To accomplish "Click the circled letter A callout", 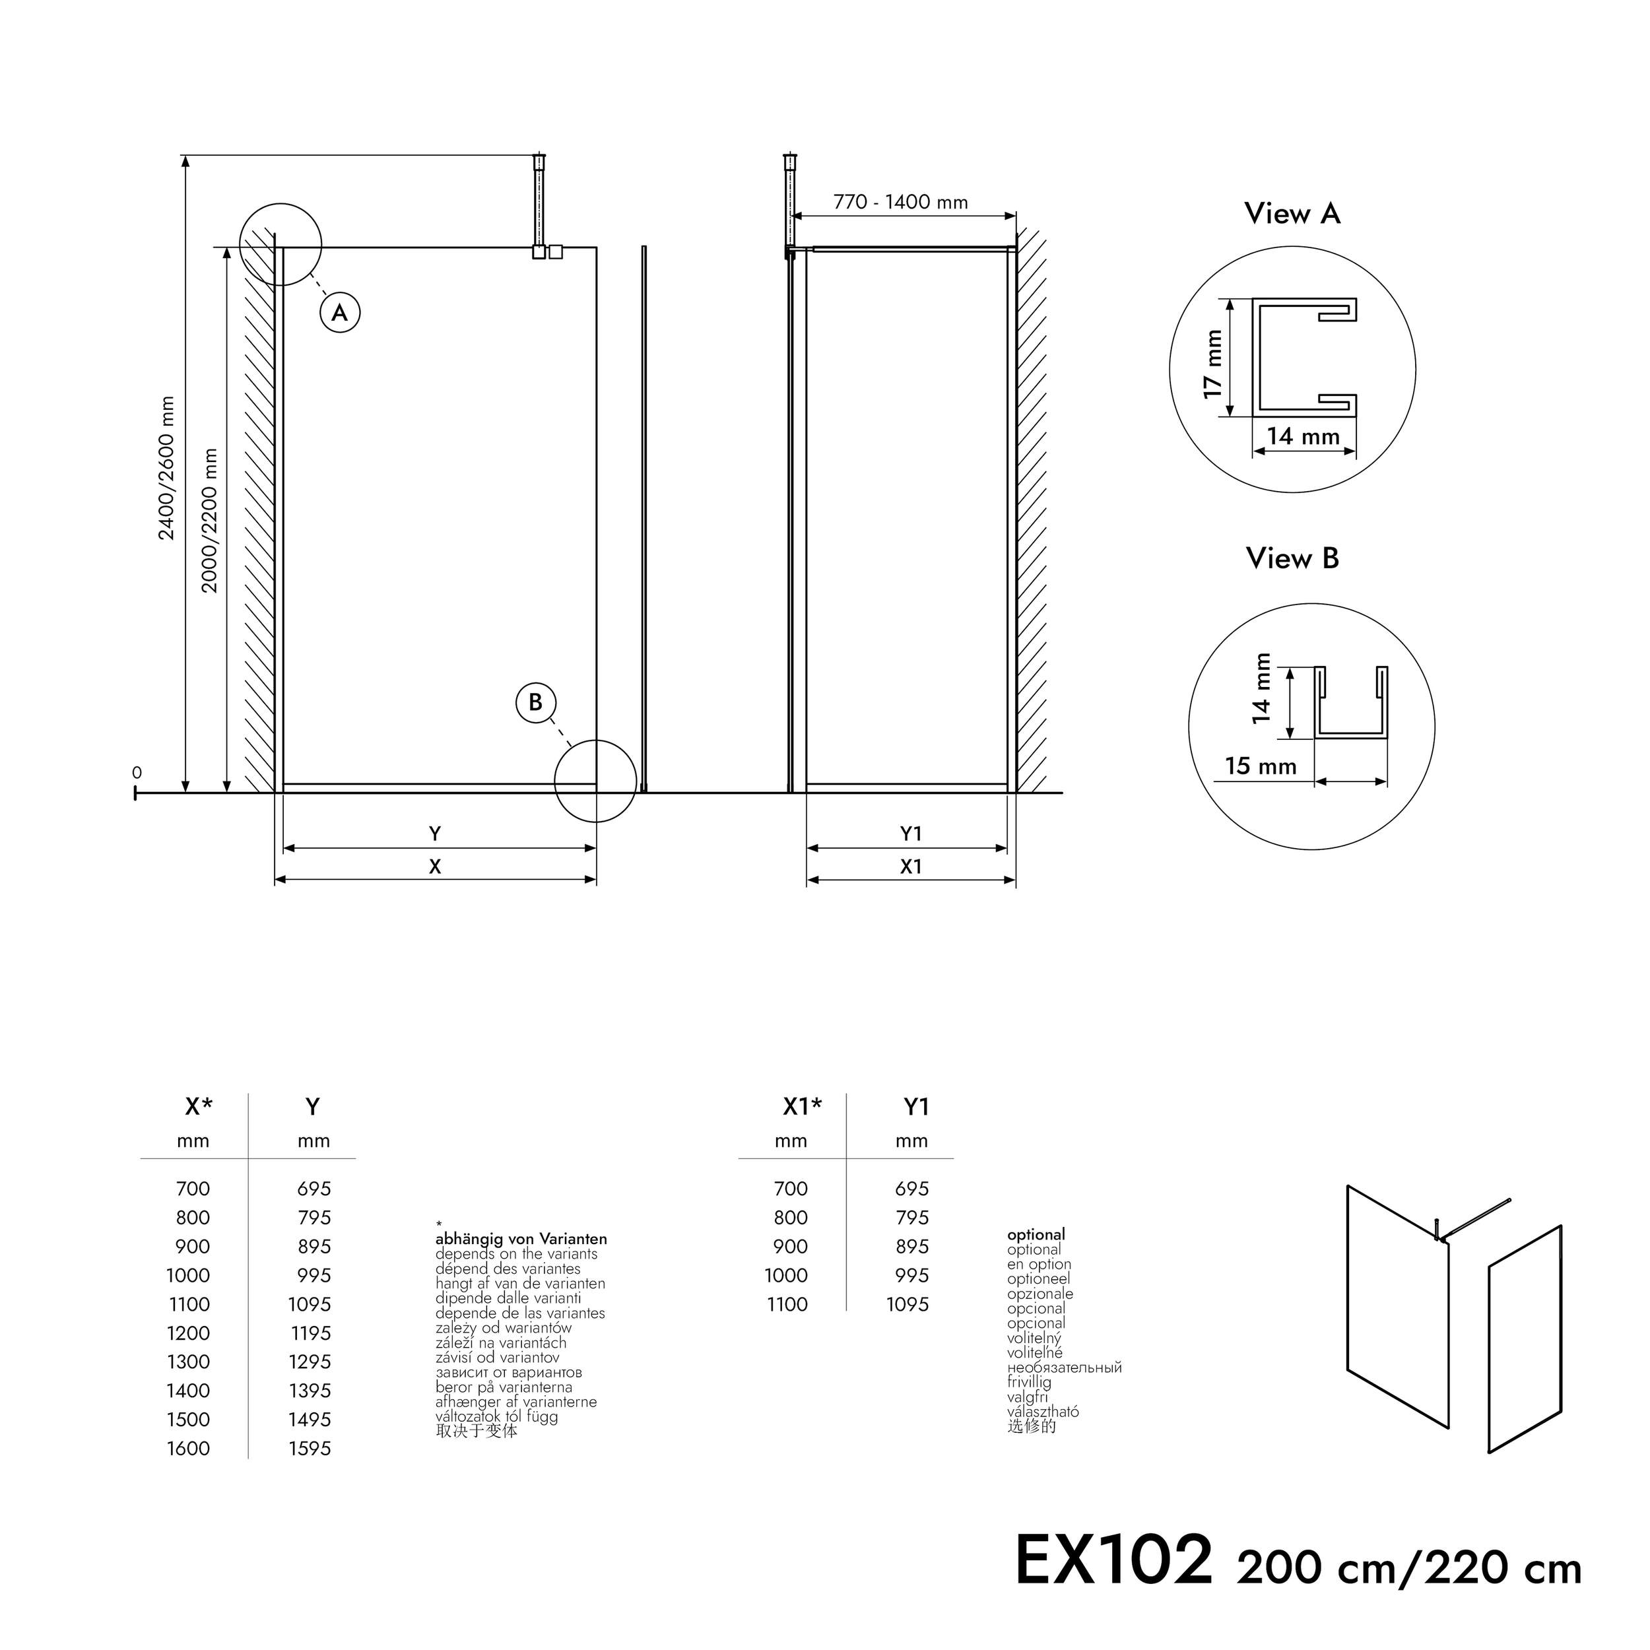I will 340,313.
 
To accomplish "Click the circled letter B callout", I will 535,702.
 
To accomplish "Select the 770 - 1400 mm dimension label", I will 900,203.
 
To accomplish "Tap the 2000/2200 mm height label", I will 209,520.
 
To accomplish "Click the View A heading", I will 1292,213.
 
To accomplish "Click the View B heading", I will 1292,558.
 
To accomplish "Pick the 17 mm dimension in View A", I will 1212,363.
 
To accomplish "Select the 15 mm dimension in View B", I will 1260,766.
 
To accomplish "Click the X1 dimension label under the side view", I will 910,866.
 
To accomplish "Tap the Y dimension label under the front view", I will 435,834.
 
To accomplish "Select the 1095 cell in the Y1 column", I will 907,1304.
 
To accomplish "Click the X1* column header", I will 801,1107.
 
